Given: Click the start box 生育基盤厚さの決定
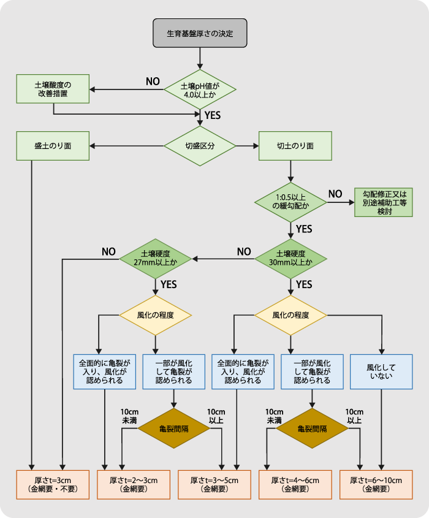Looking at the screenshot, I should point(200,33).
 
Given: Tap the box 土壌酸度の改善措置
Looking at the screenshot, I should point(53,90).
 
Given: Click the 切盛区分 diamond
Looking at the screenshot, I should point(200,146).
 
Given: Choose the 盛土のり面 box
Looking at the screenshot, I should point(53,146).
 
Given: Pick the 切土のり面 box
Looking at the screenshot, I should point(295,146).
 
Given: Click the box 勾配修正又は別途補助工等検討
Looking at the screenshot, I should point(384,202).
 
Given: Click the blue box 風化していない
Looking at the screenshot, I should point(381,371).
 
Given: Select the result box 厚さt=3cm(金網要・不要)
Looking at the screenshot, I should point(53,484).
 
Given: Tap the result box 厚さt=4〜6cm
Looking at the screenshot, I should point(295,484).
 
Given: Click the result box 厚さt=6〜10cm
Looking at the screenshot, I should point(381,484).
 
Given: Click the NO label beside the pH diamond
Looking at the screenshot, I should point(153,81).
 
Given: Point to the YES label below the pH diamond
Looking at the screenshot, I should point(213,115).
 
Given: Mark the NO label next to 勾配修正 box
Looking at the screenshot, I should point(335,194).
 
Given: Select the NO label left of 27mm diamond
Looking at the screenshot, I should point(108,251).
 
